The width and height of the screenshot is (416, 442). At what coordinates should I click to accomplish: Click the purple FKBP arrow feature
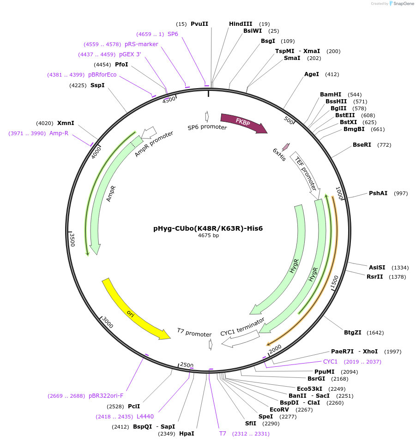click(244, 123)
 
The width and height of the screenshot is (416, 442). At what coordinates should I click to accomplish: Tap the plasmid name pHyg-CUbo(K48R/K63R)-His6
click(208, 228)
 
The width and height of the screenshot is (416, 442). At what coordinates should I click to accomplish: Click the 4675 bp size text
click(208, 235)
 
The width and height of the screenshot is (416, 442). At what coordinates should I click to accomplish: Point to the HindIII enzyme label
click(241, 24)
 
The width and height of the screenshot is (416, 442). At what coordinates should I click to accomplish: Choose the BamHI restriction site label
click(331, 95)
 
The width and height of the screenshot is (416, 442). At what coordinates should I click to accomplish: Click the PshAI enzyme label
click(378, 193)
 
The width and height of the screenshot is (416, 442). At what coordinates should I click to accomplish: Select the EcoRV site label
click(279, 409)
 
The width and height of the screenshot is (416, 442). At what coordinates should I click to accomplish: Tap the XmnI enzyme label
click(66, 123)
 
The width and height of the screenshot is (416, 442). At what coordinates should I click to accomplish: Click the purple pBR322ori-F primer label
click(106, 396)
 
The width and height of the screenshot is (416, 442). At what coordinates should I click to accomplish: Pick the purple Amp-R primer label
click(59, 133)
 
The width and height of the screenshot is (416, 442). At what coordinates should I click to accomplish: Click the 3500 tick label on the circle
click(72, 239)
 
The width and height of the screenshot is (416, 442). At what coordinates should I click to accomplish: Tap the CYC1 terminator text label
click(242, 327)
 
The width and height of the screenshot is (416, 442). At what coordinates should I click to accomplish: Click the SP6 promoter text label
click(207, 127)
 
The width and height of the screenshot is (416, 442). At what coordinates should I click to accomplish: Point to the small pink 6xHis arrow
click(286, 147)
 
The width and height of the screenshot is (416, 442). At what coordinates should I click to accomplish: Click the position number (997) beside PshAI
click(401, 193)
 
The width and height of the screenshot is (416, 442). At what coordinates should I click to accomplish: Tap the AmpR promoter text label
click(154, 144)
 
